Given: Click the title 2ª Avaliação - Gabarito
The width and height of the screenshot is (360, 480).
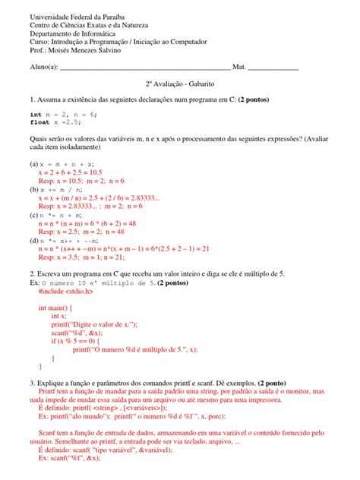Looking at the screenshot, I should click(180, 87).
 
